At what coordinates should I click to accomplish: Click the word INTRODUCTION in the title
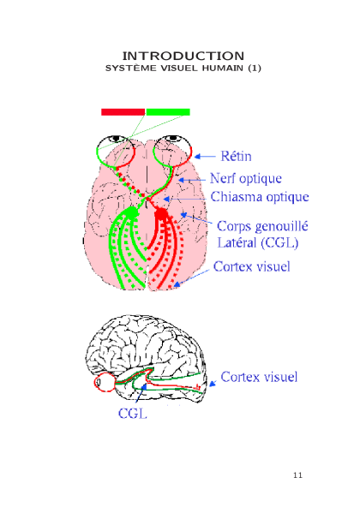(x=183, y=56)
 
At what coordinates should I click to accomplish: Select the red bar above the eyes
(x=123, y=112)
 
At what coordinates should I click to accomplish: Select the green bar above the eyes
(x=168, y=112)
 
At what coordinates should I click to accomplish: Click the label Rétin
(x=236, y=156)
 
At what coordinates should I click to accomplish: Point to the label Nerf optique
(x=246, y=178)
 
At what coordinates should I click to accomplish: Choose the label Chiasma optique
(x=260, y=196)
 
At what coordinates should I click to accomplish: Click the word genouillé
(x=281, y=227)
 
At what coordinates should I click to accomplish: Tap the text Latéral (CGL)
(x=257, y=242)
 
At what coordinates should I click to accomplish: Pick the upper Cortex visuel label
(x=252, y=266)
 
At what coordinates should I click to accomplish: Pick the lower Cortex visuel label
(x=259, y=377)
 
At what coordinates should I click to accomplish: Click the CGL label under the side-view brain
(x=132, y=414)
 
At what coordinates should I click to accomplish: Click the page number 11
(x=297, y=475)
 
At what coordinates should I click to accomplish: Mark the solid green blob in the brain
(x=131, y=212)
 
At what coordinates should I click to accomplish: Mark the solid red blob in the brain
(x=161, y=213)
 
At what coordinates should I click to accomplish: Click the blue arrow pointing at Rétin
(x=205, y=157)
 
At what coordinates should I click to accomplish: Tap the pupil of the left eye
(x=116, y=138)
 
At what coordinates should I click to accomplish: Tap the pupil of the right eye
(x=172, y=138)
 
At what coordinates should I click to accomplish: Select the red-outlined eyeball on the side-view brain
(x=105, y=382)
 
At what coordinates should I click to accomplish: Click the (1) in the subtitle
(x=255, y=68)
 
